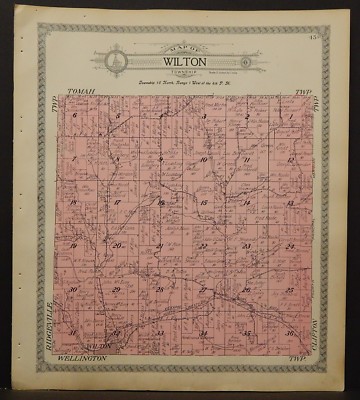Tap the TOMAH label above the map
pyautogui.click(x=79, y=91)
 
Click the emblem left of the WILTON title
pyautogui.click(x=115, y=61)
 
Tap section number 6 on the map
pyautogui.click(x=75, y=117)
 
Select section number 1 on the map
pyautogui.click(x=289, y=117)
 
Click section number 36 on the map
pyautogui.click(x=289, y=333)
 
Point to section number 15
pyautogui.click(x=203, y=203)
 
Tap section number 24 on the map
pyautogui.click(x=289, y=245)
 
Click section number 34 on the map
pyautogui.click(x=203, y=332)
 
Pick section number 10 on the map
pyautogui.click(x=203, y=160)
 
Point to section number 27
pyautogui.click(x=203, y=289)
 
